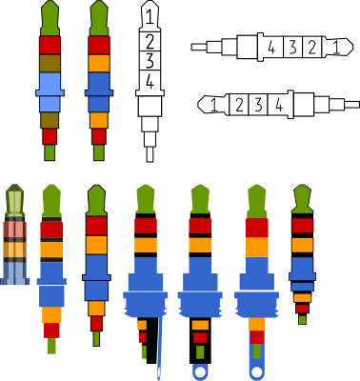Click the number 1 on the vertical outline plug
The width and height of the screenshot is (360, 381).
pyautogui.click(x=150, y=17)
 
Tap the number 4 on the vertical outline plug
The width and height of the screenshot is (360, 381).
pyautogui.click(x=150, y=82)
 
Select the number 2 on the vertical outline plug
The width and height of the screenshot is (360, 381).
pyautogui.click(x=150, y=41)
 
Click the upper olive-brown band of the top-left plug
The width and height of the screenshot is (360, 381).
pyautogui.click(x=50, y=63)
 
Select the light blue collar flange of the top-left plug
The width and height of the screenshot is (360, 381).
pyautogui.click(x=50, y=92)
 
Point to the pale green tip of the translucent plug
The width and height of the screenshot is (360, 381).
pyautogui.click(x=14, y=200)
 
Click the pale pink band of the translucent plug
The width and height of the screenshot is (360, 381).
pyautogui.click(x=14, y=230)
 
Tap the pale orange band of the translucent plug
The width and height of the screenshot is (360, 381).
pyautogui.click(x=14, y=250)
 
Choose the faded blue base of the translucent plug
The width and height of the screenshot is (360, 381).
pyautogui.click(x=14, y=273)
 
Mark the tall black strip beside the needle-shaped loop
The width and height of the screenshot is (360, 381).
pyautogui.click(x=151, y=341)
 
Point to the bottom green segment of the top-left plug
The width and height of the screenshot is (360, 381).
pyautogui.click(x=50, y=152)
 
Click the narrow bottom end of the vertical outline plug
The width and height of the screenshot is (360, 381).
pyautogui.click(x=150, y=154)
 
